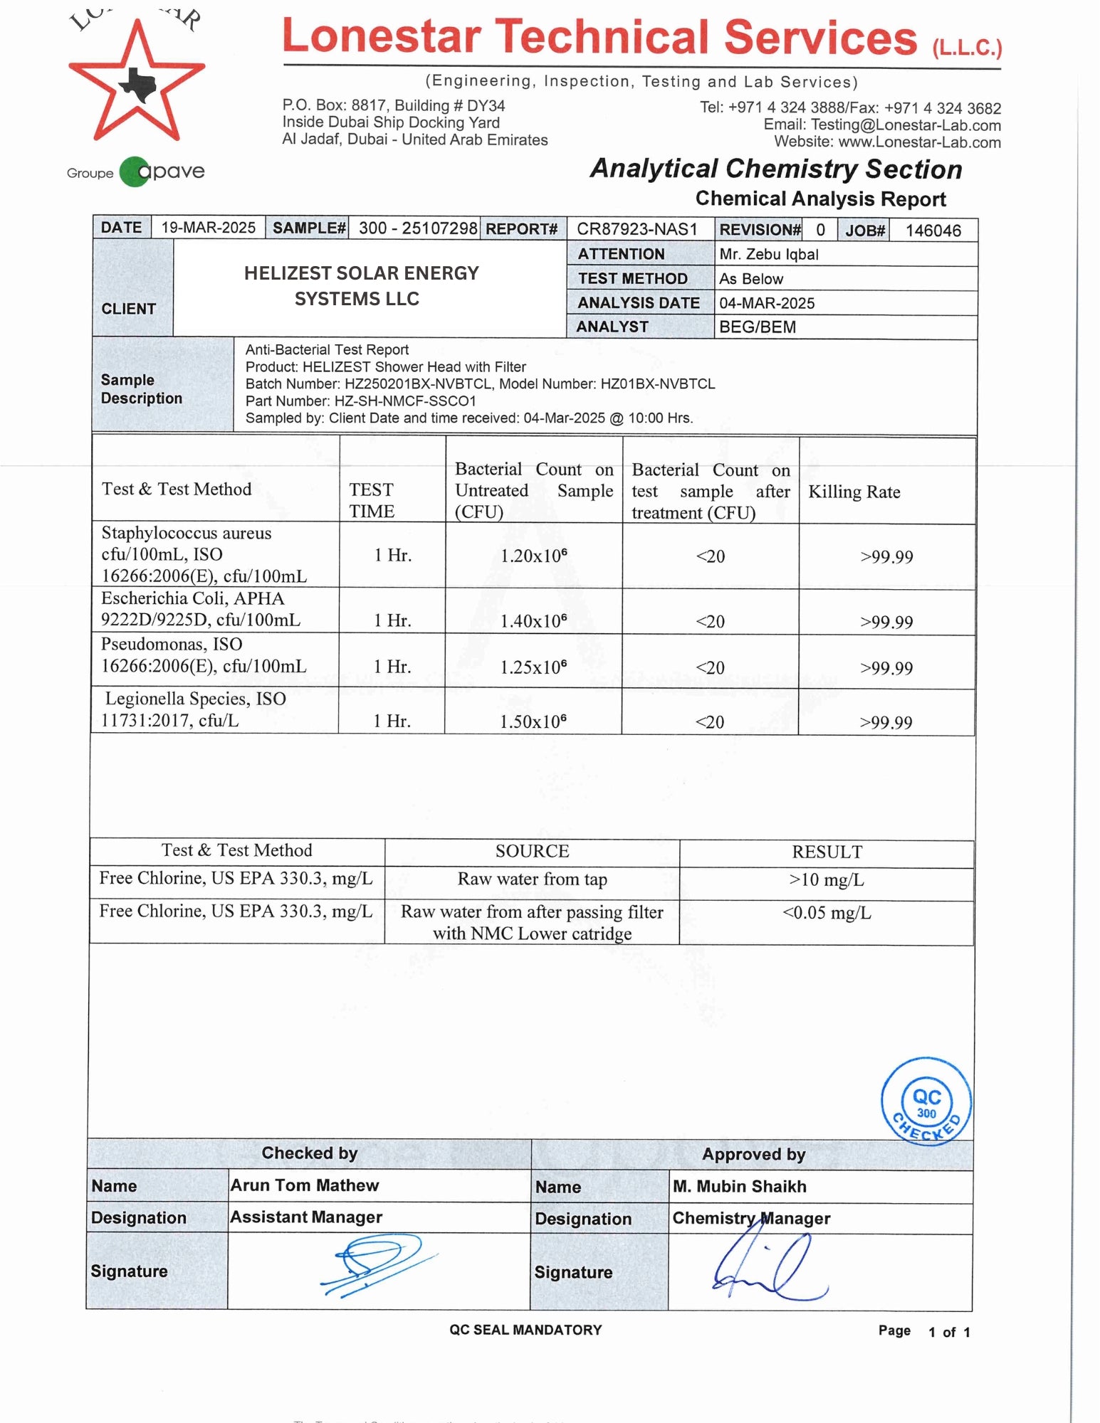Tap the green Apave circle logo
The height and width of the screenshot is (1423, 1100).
point(134,171)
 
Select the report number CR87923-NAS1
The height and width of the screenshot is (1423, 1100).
point(637,229)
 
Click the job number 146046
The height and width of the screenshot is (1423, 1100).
point(933,231)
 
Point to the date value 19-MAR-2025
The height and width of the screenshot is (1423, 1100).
point(208,228)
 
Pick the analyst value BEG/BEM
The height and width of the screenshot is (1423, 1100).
point(757,327)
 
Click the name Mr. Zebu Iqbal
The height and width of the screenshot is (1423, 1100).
point(768,254)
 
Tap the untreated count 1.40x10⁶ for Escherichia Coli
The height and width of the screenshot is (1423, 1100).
point(533,621)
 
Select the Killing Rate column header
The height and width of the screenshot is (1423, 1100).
point(854,492)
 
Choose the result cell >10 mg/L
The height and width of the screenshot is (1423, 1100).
point(826,880)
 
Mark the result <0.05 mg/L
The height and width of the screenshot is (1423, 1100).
point(826,913)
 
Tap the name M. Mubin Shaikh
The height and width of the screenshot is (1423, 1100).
point(739,1186)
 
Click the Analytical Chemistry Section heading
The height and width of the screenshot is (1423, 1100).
point(775,169)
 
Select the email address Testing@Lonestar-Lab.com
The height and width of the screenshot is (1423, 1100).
point(906,125)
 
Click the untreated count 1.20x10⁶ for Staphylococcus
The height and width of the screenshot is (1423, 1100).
point(533,556)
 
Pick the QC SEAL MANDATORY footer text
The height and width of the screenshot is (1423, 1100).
point(525,1330)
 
